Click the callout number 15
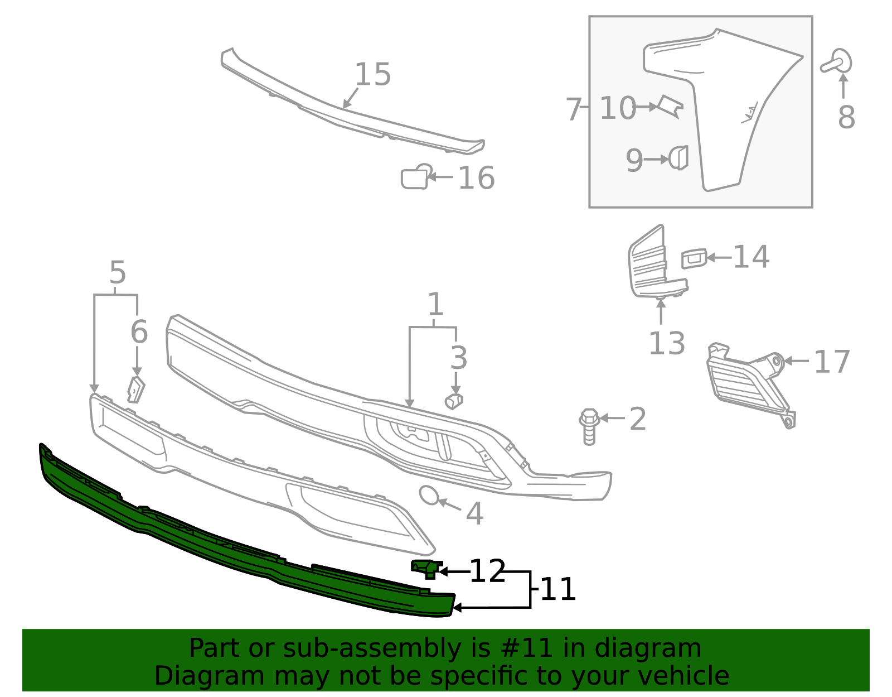point(372,75)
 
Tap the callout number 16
point(476,179)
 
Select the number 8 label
point(846,118)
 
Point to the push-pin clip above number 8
point(837,62)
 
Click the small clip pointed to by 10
point(671,107)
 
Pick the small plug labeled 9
point(679,158)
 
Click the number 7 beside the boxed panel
point(574,109)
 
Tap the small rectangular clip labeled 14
point(694,258)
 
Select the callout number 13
point(667,343)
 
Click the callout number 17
point(832,362)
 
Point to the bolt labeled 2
point(589,427)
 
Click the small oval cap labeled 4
point(429,495)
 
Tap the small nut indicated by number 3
point(454,401)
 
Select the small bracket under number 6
point(136,390)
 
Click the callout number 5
point(118,273)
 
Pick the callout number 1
point(435,305)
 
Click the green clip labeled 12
point(426,568)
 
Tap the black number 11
point(558,590)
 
